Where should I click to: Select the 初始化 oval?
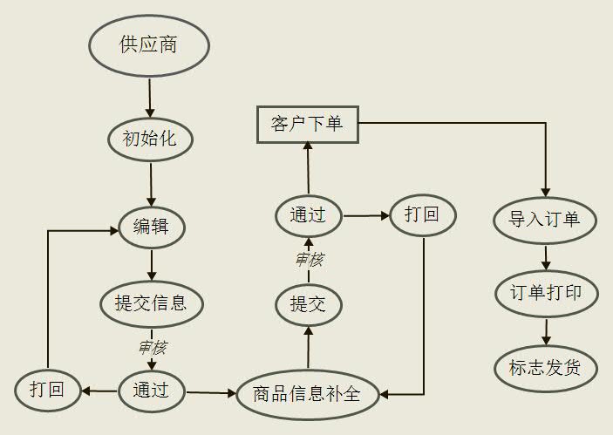coord(150,139)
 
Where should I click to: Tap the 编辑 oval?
coord(152,228)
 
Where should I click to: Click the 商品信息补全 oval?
coord(310,394)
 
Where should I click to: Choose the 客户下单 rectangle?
coord(306,125)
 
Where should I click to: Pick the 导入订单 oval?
coord(544,219)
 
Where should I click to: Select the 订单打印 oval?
coord(546,293)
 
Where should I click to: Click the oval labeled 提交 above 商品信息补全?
coord(308,304)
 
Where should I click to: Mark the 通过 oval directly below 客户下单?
coord(308,214)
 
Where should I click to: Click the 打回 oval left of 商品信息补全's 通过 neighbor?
coord(47,389)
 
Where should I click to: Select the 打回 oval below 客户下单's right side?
coord(422,214)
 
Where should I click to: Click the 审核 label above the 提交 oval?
coord(308,260)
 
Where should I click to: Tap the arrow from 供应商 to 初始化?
coord(150,98)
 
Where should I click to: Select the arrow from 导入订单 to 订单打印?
coord(546,256)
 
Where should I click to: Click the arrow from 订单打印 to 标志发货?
coord(546,330)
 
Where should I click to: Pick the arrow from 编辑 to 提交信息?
coord(152,264)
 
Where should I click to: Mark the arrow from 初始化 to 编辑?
coord(151,184)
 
